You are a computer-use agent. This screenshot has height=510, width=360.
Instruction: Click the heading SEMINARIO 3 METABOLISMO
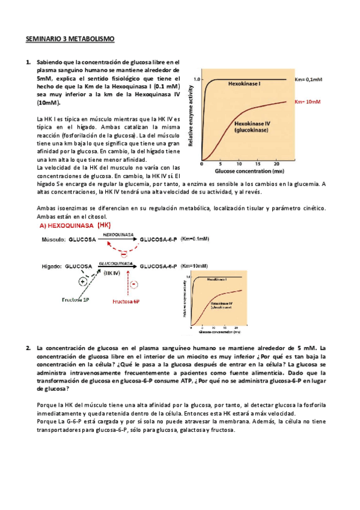[69, 40]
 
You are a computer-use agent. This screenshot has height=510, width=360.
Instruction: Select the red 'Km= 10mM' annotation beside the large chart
[308, 102]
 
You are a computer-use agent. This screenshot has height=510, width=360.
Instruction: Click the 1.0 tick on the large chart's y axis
[197, 79]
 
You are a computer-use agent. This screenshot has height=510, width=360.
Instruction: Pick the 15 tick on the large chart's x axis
[257, 164]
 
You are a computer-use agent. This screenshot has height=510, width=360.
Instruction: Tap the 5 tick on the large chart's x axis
[221, 164]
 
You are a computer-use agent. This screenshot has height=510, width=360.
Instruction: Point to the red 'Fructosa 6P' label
[126, 300]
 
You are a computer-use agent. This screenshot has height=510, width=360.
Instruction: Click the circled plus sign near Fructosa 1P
[82, 281]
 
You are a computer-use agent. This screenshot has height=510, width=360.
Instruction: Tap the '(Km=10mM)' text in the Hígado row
[194, 265]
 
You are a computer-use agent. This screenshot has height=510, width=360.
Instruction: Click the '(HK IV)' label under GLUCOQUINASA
[112, 272]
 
